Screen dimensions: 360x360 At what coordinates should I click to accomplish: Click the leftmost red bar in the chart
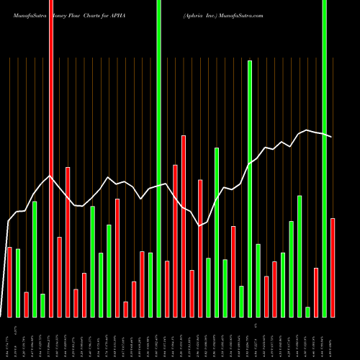click(x=9, y=282)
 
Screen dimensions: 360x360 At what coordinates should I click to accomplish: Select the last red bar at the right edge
click(x=333, y=268)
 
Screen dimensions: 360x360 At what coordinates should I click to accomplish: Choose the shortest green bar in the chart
click(x=308, y=312)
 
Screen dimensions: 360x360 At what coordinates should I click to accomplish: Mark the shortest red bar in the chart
click(x=126, y=310)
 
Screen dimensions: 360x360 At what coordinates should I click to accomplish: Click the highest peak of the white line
click(x=307, y=130)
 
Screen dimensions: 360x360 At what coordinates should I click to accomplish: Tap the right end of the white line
click(x=332, y=137)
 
